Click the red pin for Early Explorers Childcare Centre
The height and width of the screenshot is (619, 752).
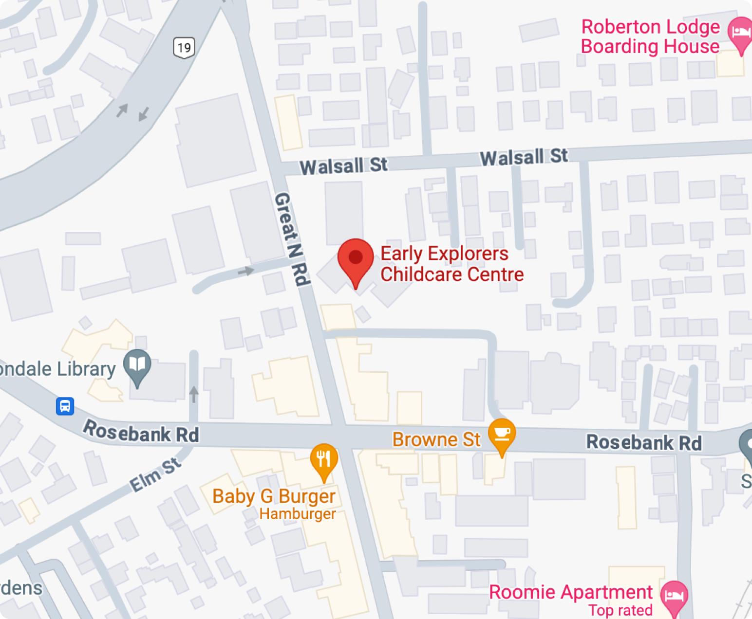click(356, 258)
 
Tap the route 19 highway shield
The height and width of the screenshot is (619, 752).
click(184, 48)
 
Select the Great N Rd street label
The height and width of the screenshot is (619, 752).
click(292, 239)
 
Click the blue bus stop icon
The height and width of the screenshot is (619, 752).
click(65, 405)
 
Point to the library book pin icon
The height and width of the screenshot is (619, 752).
click(137, 365)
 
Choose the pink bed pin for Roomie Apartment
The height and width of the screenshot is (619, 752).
click(674, 596)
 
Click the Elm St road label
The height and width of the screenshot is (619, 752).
click(155, 474)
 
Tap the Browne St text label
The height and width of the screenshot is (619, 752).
click(436, 439)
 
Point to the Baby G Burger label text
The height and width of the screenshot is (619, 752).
click(274, 496)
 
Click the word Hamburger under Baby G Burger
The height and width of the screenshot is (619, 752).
click(297, 514)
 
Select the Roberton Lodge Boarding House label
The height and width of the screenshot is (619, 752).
click(650, 36)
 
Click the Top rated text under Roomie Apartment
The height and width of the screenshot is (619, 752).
click(620, 610)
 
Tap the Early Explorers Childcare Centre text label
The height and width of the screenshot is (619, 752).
click(451, 264)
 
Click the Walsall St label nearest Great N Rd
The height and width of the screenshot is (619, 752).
click(343, 166)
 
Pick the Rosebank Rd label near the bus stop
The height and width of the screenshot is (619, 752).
click(141, 432)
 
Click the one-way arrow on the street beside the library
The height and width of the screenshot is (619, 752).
click(194, 393)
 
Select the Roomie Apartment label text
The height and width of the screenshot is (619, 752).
click(570, 592)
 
